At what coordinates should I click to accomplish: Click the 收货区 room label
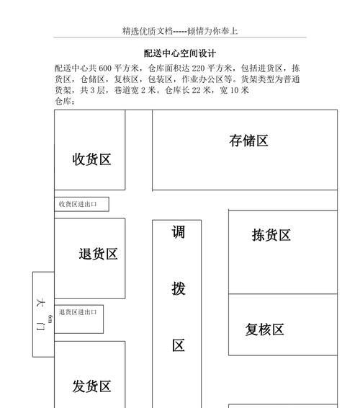[x=91, y=159]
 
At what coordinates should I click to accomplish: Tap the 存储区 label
[x=248, y=141]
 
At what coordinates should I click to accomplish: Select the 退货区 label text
[x=98, y=254]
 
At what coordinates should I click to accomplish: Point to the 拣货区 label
[x=271, y=235]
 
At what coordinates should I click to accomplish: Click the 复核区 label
[x=264, y=329]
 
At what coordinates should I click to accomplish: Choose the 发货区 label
[x=91, y=386]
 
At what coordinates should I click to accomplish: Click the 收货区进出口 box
[x=81, y=204]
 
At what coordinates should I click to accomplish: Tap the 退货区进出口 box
[x=78, y=319]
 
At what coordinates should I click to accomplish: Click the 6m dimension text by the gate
[x=50, y=319]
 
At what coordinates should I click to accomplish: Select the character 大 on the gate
[x=40, y=303]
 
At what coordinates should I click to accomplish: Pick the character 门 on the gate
[x=40, y=326]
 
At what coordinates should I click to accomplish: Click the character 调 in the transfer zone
[x=179, y=232]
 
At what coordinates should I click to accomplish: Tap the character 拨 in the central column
[x=179, y=288]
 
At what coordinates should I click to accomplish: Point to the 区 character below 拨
[x=179, y=345]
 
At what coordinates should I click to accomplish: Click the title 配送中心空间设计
[x=180, y=53]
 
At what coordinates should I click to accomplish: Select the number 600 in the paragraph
[x=105, y=68]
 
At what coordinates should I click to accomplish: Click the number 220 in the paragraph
[x=198, y=68]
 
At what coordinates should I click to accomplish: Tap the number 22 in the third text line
[x=197, y=90]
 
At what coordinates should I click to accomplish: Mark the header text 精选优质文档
[x=148, y=31]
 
